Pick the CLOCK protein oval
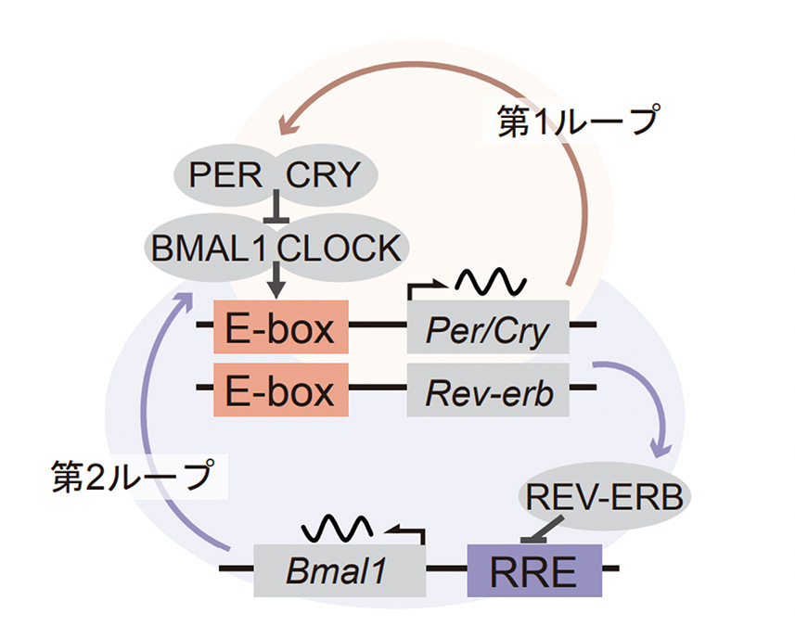(340, 248)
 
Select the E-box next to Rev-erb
(280, 390)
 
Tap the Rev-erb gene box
(488, 390)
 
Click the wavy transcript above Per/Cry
(490, 280)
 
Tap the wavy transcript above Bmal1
(339, 526)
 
